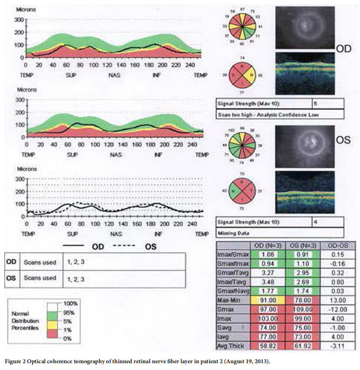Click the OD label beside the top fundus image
click(x=344, y=49)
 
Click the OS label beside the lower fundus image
click(x=343, y=140)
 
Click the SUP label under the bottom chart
click(x=72, y=234)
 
